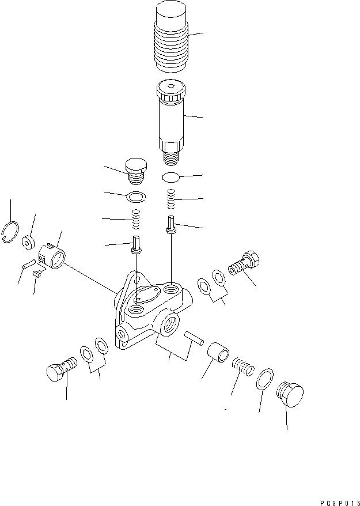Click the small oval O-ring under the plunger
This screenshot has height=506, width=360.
171,176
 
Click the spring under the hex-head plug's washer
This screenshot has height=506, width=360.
137,219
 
